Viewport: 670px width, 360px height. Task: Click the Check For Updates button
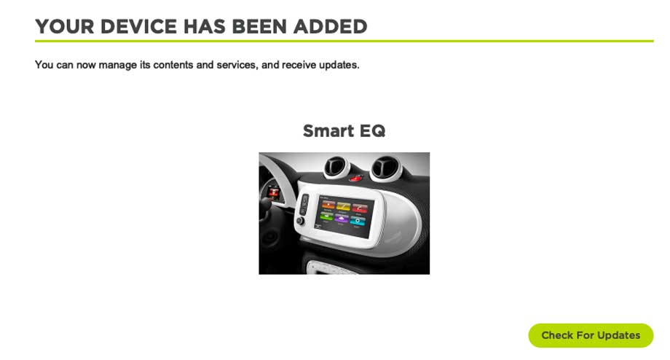point(591,335)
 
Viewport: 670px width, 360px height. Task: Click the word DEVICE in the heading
point(138,26)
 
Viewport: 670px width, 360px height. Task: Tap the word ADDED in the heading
point(330,26)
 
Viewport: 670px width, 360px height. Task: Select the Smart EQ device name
point(344,130)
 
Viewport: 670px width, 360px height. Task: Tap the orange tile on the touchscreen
point(328,206)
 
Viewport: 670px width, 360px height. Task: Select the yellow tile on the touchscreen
point(344,207)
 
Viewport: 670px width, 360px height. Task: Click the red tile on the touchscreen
point(359,208)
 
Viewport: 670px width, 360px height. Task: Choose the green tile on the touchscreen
point(327,216)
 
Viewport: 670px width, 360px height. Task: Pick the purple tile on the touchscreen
point(342,219)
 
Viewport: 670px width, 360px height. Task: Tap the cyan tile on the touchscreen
point(358,221)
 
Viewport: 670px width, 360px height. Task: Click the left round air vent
point(336,167)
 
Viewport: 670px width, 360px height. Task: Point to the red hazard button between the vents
point(356,177)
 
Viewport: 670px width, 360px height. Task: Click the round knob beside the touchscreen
point(300,221)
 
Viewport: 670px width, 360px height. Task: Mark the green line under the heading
point(344,41)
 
